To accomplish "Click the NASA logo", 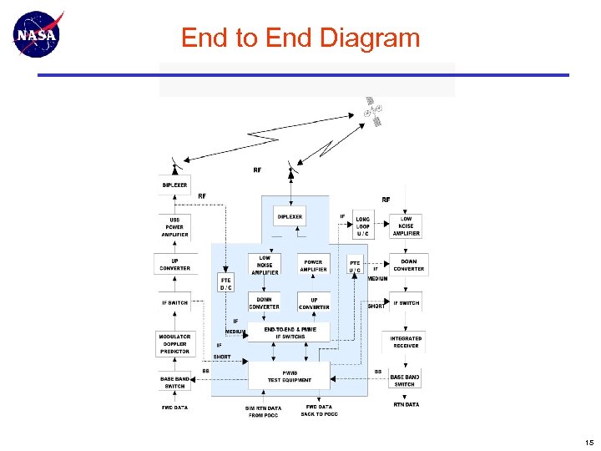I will pos(36,34).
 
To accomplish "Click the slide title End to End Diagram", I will pos(300,38).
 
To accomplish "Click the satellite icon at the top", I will pos(373,110).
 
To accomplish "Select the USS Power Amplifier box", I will pos(174,227).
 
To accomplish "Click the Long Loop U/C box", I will pos(363,225).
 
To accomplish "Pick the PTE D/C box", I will pos(226,284).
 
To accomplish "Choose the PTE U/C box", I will pos(356,266).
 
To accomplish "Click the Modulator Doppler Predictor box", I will pos(174,344).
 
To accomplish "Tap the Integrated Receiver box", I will pos(406,342).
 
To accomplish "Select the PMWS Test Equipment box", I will pos(290,376).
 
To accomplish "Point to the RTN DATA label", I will pos(407,405).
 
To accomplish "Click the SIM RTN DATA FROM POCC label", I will pos(263,412).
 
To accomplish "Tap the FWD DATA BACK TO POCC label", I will pos(320,411).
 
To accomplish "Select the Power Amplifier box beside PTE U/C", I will pos(314,266).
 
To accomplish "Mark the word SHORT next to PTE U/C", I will pos(376,306).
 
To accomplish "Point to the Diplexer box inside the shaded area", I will pos(290,216).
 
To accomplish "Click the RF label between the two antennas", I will pos(257,170).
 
